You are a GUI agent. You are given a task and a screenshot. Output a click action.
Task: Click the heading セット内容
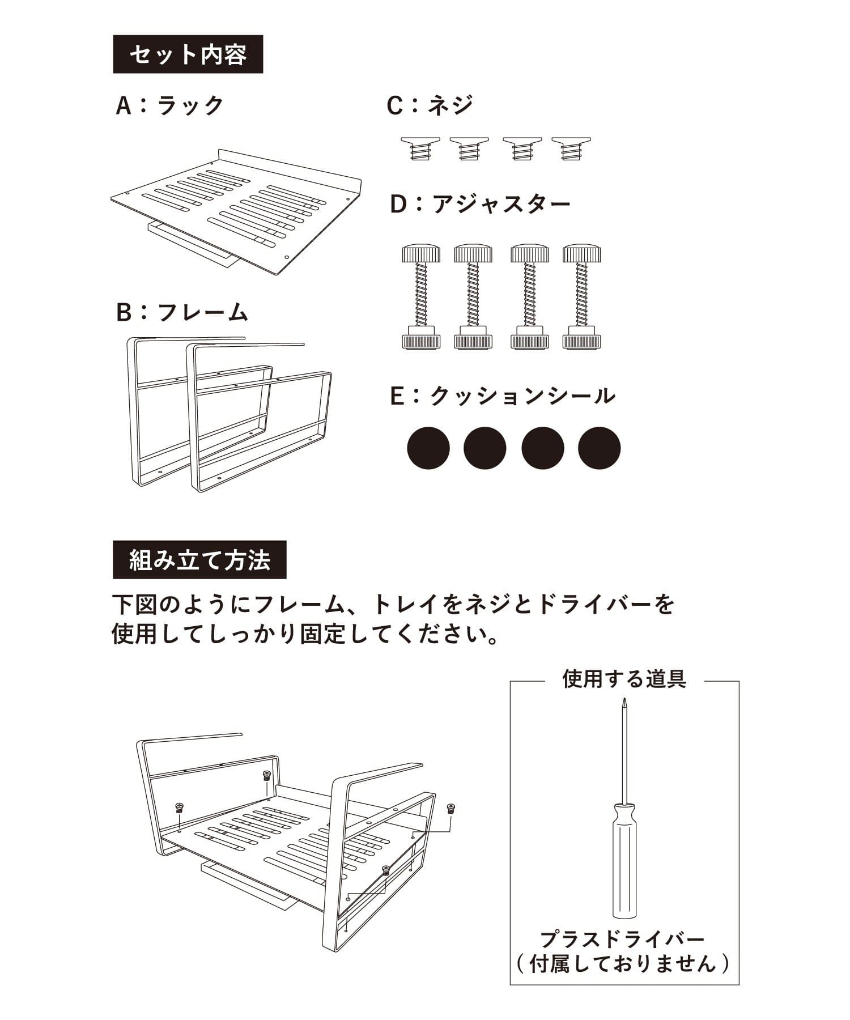pos(188,54)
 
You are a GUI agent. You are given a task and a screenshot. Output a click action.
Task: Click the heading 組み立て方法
pos(199,560)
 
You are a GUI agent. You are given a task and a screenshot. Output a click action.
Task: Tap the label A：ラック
pos(169,105)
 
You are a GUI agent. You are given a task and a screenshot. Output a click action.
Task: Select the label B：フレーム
pos(182,312)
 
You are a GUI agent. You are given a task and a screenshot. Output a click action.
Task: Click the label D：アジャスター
pos(480,204)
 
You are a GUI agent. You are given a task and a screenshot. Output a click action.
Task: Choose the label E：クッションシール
pos(503,396)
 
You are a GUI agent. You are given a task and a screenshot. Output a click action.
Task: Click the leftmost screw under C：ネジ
pos(420,149)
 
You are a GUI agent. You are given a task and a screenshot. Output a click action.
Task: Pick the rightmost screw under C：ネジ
pos(571,149)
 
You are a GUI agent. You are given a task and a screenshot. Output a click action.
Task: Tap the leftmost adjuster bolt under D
pos(421,296)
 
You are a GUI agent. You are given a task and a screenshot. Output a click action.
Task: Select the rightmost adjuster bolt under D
pos(582,296)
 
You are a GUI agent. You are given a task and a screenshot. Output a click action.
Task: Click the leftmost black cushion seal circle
pos(428,448)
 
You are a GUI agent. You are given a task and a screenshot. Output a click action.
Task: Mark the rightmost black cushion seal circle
pos(600,448)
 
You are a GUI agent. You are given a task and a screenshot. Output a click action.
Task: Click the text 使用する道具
pos(624,679)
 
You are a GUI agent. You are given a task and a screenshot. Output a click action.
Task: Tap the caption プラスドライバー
pos(623,940)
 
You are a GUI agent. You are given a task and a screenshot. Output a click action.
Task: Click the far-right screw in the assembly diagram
pos(451,809)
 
